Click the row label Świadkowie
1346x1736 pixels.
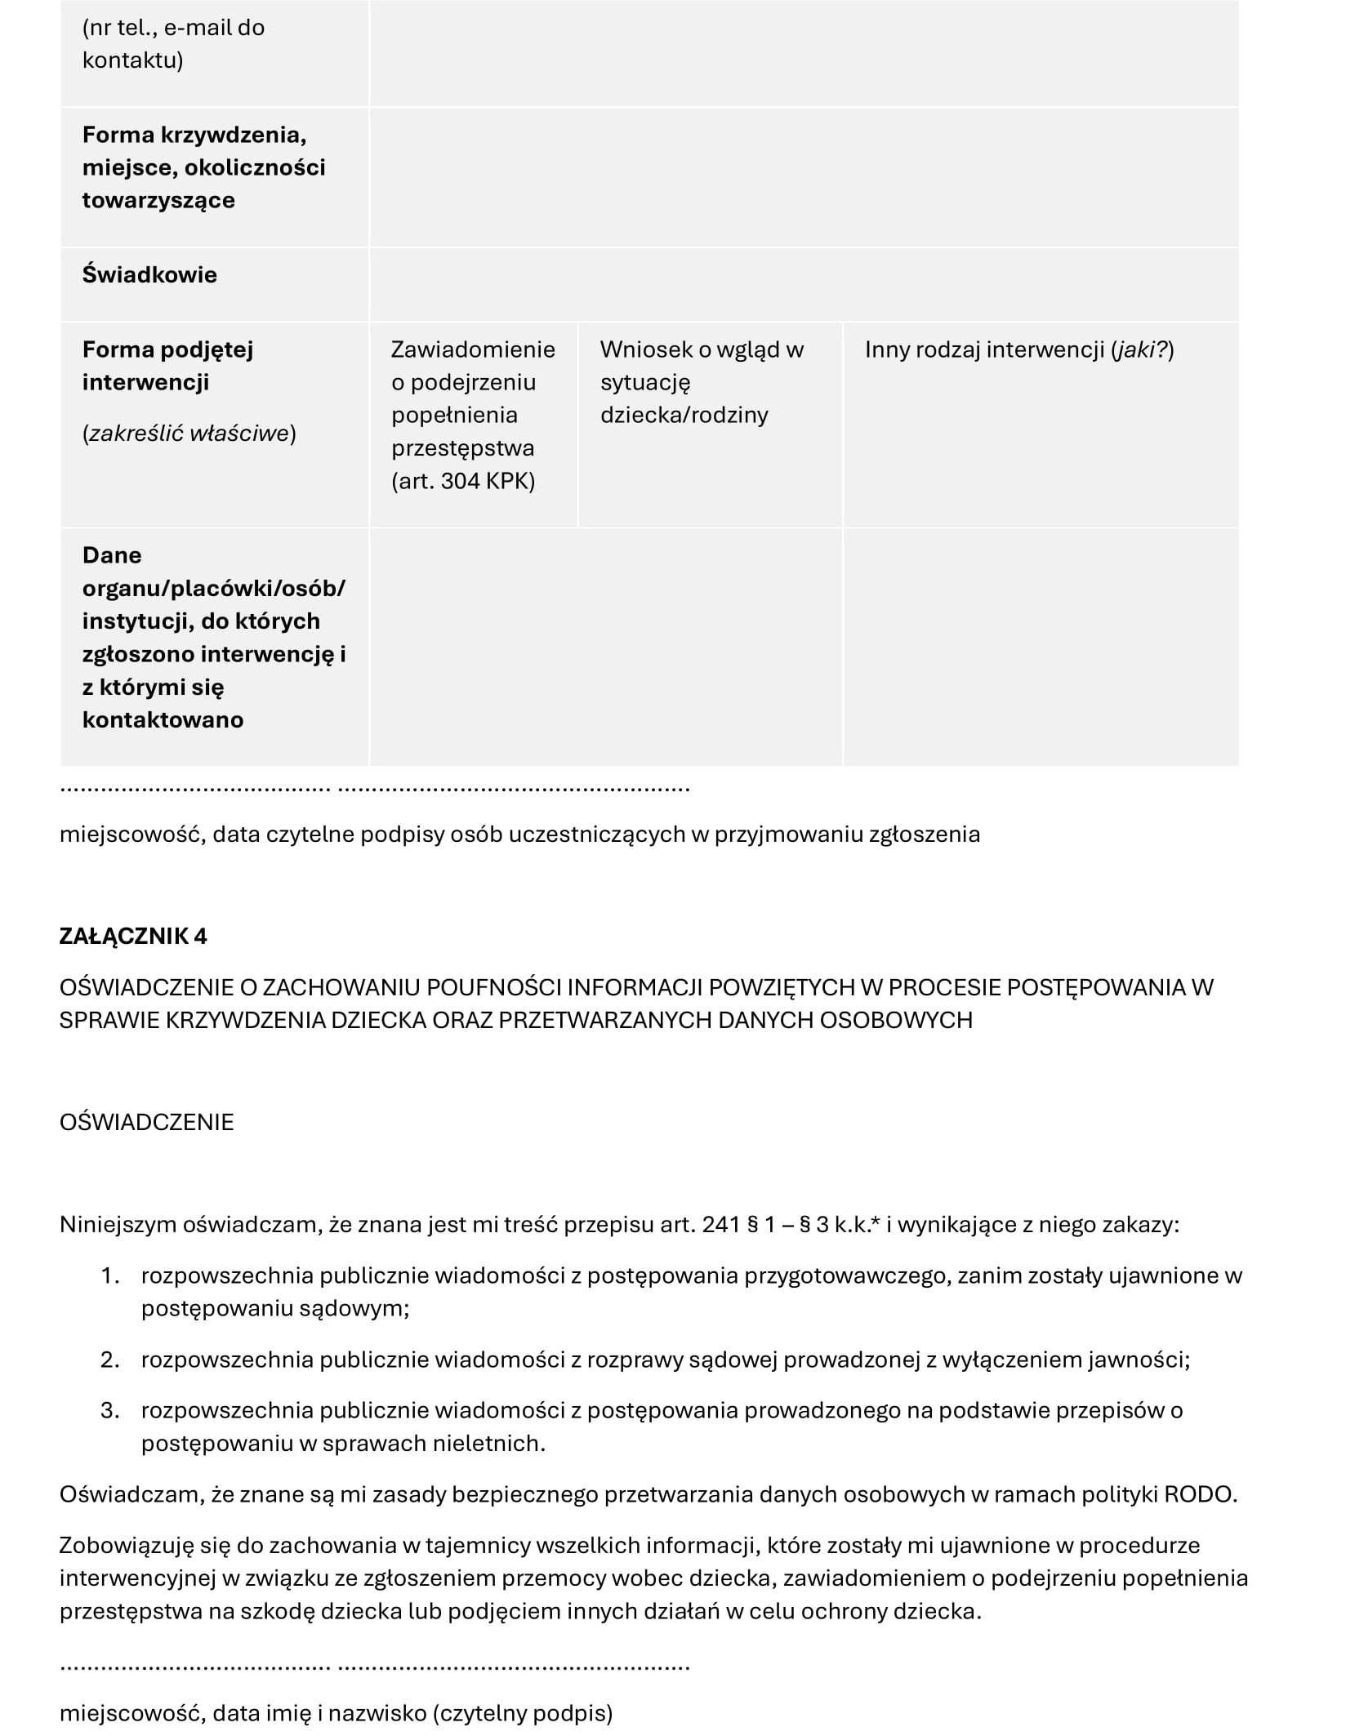pyautogui.click(x=149, y=274)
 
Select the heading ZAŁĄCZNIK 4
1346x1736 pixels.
pyautogui.click(x=133, y=936)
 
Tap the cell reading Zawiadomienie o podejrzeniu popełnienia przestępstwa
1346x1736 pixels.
pyautogui.click(x=473, y=415)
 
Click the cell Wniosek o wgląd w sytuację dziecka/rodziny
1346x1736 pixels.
pyautogui.click(x=702, y=382)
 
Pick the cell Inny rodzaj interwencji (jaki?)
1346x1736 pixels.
pyautogui.click(x=1018, y=349)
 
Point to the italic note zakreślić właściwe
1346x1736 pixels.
pyautogui.click(x=189, y=433)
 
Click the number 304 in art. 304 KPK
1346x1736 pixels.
pyautogui.click(x=461, y=481)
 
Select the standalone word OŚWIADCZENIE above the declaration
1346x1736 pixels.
pyautogui.click(x=147, y=1122)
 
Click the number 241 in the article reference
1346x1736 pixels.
pyautogui.click(x=720, y=1225)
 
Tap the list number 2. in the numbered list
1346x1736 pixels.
pyautogui.click(x=110, y=1360)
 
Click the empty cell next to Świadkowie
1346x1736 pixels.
pyautogui.click(x=804, y=284)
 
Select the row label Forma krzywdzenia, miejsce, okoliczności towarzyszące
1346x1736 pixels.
pyautogui.click(x=203, y=167)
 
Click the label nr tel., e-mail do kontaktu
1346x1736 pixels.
pyautogui.click(x=173, y=44)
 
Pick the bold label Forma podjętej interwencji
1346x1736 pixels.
pyautogui.click(x=167, y=366)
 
